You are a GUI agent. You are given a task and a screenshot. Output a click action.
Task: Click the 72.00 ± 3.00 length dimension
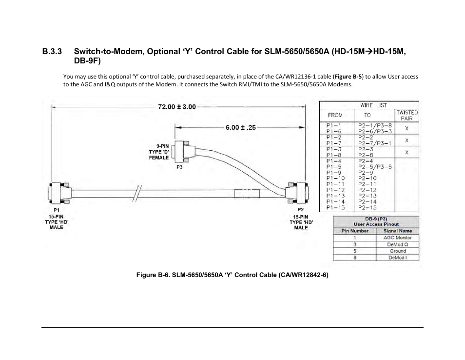(x=176, y=107)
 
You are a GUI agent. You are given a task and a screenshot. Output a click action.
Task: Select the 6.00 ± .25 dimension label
(x=240, y=127)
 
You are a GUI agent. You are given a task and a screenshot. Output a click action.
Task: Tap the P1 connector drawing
(x=58, y=193)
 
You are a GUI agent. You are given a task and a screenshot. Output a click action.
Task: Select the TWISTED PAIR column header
(x=407, y=115)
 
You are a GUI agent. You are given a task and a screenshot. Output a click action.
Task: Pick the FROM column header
(x=335, y=115)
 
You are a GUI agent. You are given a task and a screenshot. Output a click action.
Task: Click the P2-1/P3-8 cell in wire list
(x=375, y=125)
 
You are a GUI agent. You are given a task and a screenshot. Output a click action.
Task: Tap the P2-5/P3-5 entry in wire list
(x=375, y=166)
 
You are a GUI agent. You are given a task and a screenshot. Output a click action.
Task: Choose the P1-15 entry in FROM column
(x=335, y=207)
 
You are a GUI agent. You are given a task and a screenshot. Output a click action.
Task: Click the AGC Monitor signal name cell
(x=397, y=238)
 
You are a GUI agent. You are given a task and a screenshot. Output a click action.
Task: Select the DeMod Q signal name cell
(x=397, y=244)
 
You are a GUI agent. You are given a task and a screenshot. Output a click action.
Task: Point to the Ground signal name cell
(x=397, y=251)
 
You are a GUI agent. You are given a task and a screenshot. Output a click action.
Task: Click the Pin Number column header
(x=355, y=231)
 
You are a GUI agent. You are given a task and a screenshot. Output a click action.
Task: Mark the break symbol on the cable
(x=138, y=192)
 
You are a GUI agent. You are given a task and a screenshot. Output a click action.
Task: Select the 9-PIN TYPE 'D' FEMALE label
(x=159, y=152)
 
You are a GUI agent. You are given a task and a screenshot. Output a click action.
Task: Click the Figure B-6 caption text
(x=232, y=275)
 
